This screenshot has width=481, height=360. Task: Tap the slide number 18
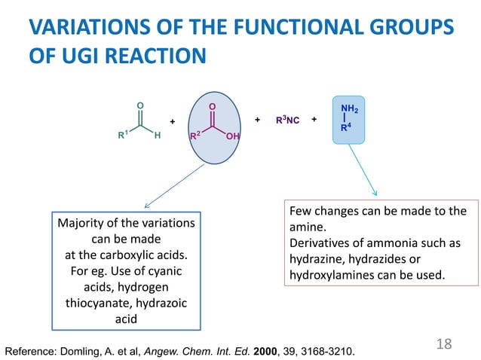tap(443, 343)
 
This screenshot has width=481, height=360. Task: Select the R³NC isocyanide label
tap(287, 120)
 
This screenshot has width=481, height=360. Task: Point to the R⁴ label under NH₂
tap(347, 128)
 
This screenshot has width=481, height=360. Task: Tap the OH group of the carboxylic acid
tap(231, 136)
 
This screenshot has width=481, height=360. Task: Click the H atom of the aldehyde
tap(156, 136)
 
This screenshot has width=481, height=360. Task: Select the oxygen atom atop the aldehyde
tap(139, 105)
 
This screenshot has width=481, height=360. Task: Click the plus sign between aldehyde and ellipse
tap(172, 121)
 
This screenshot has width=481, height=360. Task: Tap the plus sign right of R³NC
tap(314, 120)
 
